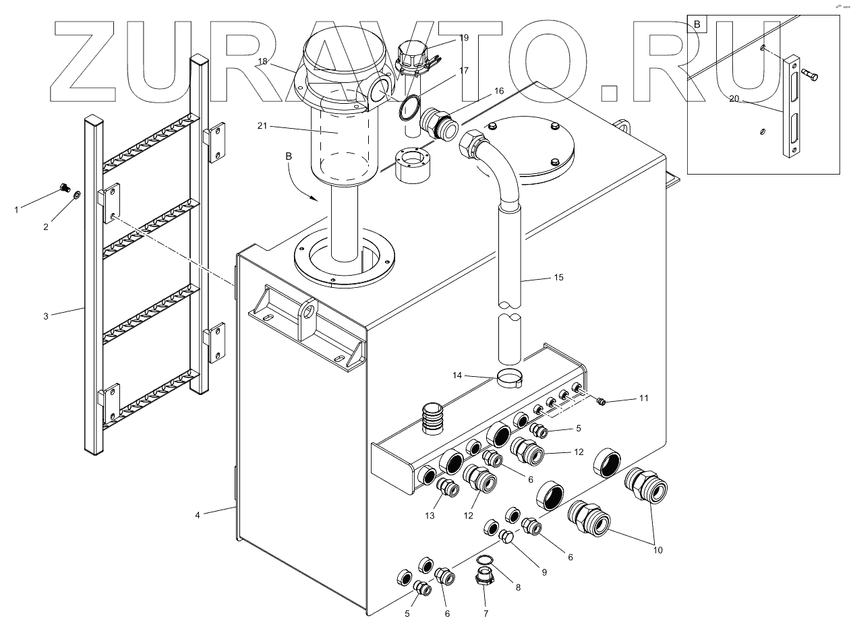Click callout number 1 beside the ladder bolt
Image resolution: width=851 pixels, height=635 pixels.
(17, 210)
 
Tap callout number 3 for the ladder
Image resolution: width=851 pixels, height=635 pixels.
(46, 315)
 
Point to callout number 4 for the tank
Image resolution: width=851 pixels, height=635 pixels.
(198, 515)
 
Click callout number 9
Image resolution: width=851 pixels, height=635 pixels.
(544, 572)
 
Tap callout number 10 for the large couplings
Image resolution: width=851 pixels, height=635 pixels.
(658, 550)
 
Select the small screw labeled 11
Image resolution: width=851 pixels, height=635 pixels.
(601, 402)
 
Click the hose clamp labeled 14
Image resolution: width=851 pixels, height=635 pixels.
(511, 378)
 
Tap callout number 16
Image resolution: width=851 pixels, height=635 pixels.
(498, 90)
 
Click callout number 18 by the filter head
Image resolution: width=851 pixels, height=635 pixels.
(263, 61)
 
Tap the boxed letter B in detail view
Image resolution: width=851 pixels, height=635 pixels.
(697, 25)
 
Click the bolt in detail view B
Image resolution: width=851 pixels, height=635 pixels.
(812, 76)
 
